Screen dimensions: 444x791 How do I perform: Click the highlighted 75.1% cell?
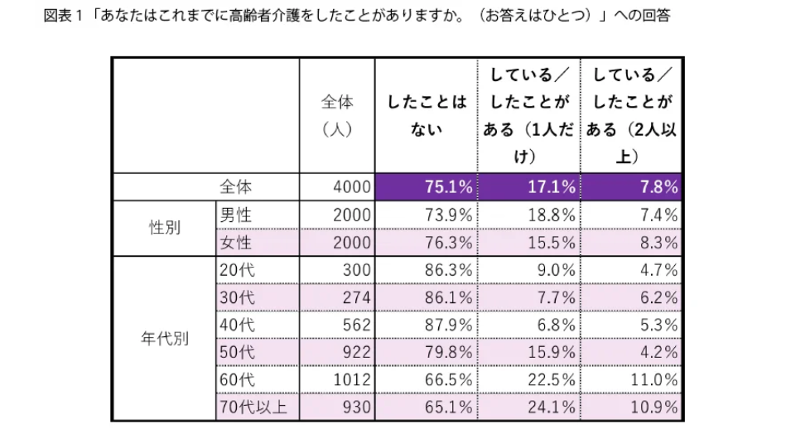click(x=426, y=187)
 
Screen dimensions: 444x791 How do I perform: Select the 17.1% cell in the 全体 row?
click(x=528, y=187)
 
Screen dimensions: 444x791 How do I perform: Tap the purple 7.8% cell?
click(x=631, y=187)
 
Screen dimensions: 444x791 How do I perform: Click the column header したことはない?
click(x=426, y=115)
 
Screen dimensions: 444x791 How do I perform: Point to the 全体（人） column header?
click(x=337, y=115)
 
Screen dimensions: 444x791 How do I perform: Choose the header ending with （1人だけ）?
click(x=528, y=115)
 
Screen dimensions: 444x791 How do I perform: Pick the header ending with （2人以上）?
click(x=631, y=115)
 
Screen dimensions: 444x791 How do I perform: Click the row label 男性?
click(x=236, y=215)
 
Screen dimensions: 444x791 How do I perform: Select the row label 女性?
click(x=236, y=243)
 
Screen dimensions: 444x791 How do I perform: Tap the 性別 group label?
click(x=164, y=228)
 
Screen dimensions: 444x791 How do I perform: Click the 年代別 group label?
click(x=164, y=339)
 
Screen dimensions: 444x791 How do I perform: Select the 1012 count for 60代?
click(x=352, y=379)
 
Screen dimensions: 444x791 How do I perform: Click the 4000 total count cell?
click(x=352, y=187)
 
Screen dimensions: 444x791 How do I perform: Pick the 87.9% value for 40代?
click(x=448, y=325)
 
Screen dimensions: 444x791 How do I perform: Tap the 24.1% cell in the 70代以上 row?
click(x=552, y=407)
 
